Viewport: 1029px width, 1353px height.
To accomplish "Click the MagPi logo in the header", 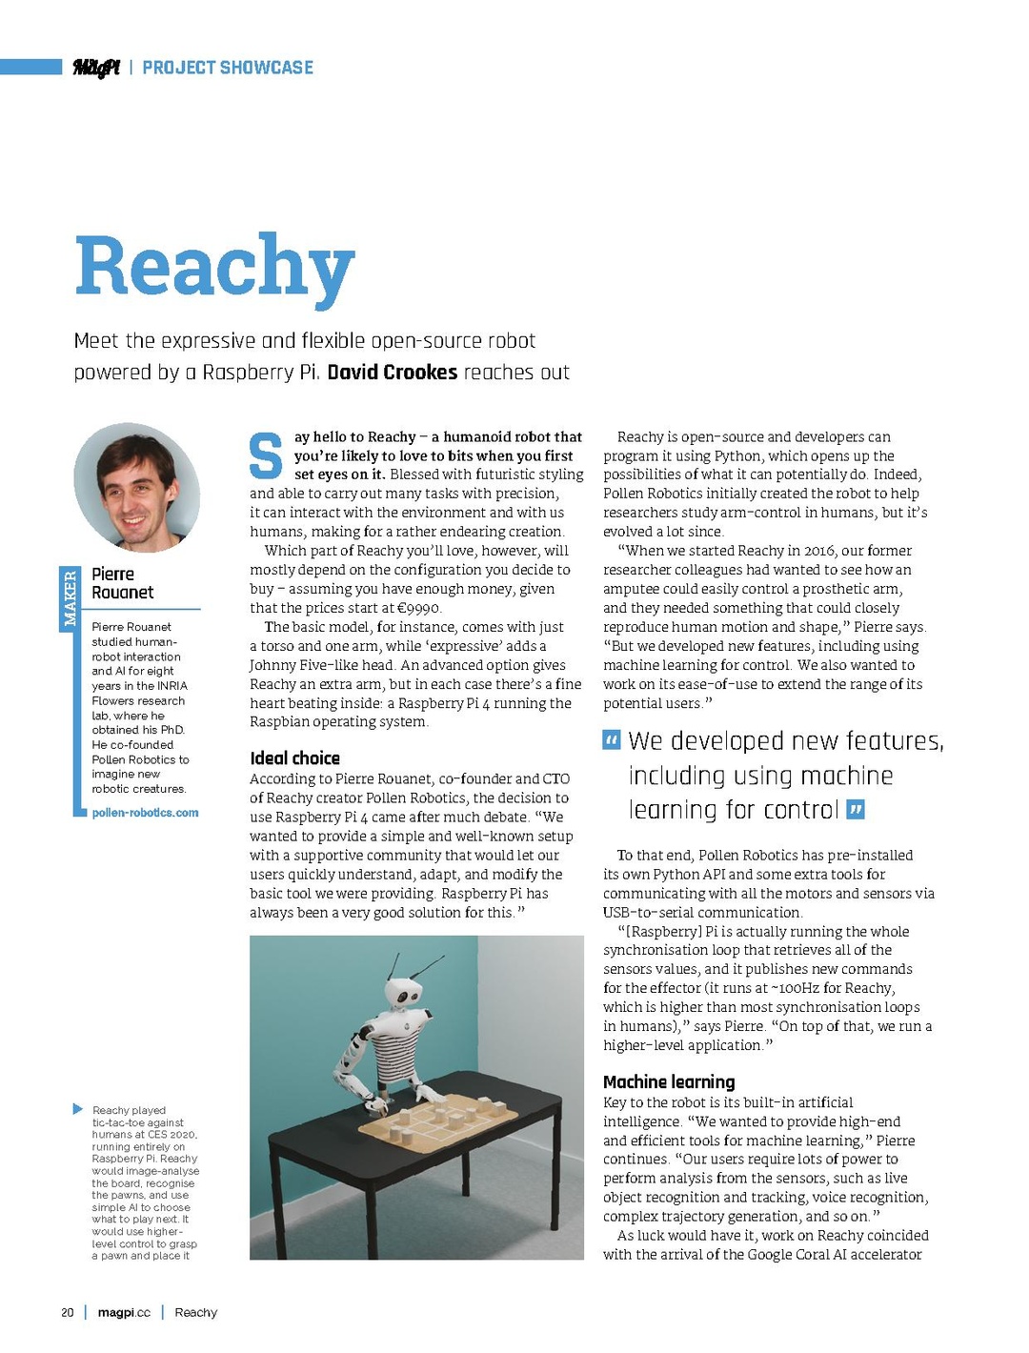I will (x=96, y=68).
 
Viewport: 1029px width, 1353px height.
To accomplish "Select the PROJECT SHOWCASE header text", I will (x=228, y=68).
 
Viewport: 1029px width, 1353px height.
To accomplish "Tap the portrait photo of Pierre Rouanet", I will (x=136, y=488).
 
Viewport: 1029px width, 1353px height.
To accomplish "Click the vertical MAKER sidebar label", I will (x=70, y=598).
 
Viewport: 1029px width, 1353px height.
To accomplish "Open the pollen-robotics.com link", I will (x=145, y=813).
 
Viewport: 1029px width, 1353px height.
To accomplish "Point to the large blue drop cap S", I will (x=266, y=456).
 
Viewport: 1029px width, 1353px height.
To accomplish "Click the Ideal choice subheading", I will (x=294, y=758).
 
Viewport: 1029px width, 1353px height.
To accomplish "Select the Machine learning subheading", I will (x=669, y=1081).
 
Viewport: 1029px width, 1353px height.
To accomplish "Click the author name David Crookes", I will (x=392, y=372).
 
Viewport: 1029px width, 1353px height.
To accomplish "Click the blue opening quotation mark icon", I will (x=612, y=740).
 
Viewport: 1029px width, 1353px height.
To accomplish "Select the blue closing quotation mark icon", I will (x=856, y=810).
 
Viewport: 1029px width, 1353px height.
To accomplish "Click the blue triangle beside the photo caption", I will (x=78, y=1109).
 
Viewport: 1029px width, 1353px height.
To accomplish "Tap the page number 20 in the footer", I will (x=68, y=1312).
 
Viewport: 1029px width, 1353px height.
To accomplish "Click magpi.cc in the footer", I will (x=124, y=1312).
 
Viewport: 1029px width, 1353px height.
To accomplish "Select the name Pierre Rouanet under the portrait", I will (x=122, y=583).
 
